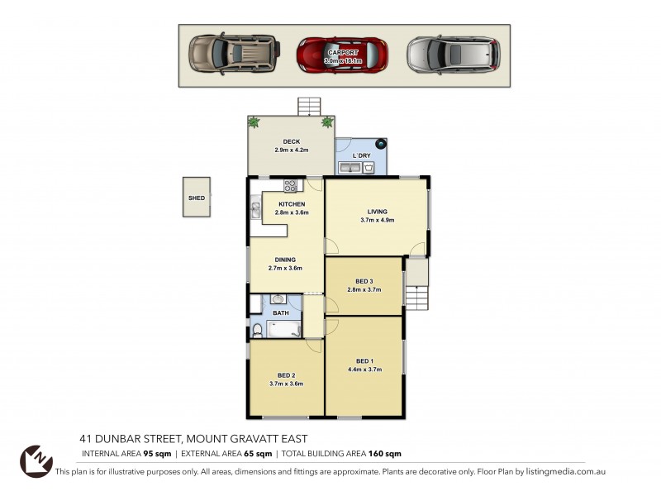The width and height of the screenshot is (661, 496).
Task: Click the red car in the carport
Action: [x=342, y=54]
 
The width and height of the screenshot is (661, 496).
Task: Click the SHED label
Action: [x=196, y=198]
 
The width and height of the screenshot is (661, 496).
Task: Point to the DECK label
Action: [x=291, y=142]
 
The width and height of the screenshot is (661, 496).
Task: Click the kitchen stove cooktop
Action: [x=290, y=186]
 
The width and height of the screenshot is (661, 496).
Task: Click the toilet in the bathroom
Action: [x=257, y=331]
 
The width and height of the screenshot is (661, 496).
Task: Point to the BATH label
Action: [x=281, y=313]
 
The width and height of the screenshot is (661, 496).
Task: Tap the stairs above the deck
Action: [x=308, y=106]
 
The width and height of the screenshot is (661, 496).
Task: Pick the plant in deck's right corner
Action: [x=326, y=122]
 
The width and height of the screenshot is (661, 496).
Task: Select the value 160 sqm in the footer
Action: [x=385, y=453]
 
